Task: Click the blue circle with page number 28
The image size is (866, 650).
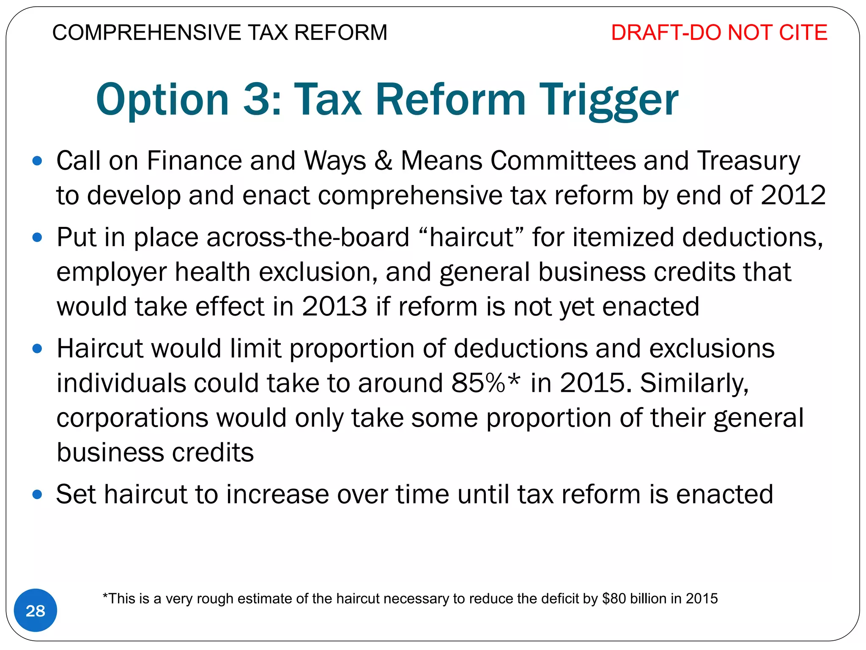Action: pyautogui.click(x=36, y=611)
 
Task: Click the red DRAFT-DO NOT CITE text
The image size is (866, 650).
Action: pyautogui.click(x=719, y=33)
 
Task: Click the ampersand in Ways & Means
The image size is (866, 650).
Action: pyautogui.click(x=383, y=161)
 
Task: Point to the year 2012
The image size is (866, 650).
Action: pyautogui.click(x=793, y=196)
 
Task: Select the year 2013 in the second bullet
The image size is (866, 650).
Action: pyautogui.click(x=334, y=306)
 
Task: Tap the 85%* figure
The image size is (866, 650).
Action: pyautogui.click(x=485, y=383)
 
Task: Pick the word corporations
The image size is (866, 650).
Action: pyautogui.click(x=132, y=418)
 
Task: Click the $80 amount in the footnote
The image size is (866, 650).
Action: pyautogui.click(x=614, y=598)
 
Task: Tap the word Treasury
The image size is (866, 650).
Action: pyautogui.click(x=748, y=161)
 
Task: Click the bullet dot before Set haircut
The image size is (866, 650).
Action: pyautogui.click(x=37, y=494)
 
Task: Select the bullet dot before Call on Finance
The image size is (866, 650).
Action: pyautogui.click(x=37, y=161)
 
